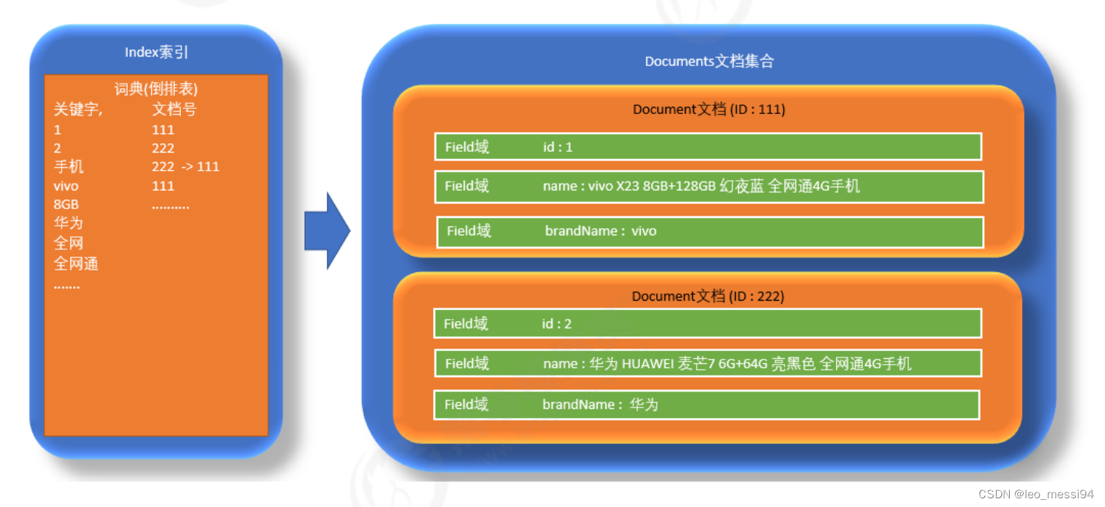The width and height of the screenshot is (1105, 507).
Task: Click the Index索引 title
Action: (x=156, y=52)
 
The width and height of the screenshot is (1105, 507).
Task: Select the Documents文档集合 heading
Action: (x=709, y=61)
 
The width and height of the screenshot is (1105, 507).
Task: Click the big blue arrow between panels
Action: (x=327, y=231)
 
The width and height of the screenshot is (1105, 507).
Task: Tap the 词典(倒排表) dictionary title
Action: (x=156, y=89)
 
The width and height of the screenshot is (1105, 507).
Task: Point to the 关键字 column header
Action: (x=78, y=110)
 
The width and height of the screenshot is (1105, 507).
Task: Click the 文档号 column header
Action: (x=174, y=110)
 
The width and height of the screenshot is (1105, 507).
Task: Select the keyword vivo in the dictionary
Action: (x=66, y=186)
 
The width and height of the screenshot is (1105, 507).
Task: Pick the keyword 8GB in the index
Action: (x=66, y=204)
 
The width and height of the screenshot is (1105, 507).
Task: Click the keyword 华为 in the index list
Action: (x=68, y=223)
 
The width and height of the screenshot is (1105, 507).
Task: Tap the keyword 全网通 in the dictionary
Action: (x=76, y=264)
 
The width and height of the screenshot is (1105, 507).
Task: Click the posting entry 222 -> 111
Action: (x=185, y=166)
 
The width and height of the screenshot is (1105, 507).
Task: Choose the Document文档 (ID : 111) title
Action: (x=708, y=110)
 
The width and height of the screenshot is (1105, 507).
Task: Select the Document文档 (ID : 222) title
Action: (x=708, y=296)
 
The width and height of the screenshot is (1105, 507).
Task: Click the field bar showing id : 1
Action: (x=708, y=147)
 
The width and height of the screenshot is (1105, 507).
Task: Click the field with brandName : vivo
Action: (x=710, y=232)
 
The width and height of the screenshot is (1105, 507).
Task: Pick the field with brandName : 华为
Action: (x=706, y=405)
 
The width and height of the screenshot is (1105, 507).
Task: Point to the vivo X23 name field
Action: (x=709, y=187)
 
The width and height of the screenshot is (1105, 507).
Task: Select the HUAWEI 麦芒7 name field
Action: (x=708, y=363)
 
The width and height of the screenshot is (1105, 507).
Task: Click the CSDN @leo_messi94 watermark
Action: (x=1035, y=494)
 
